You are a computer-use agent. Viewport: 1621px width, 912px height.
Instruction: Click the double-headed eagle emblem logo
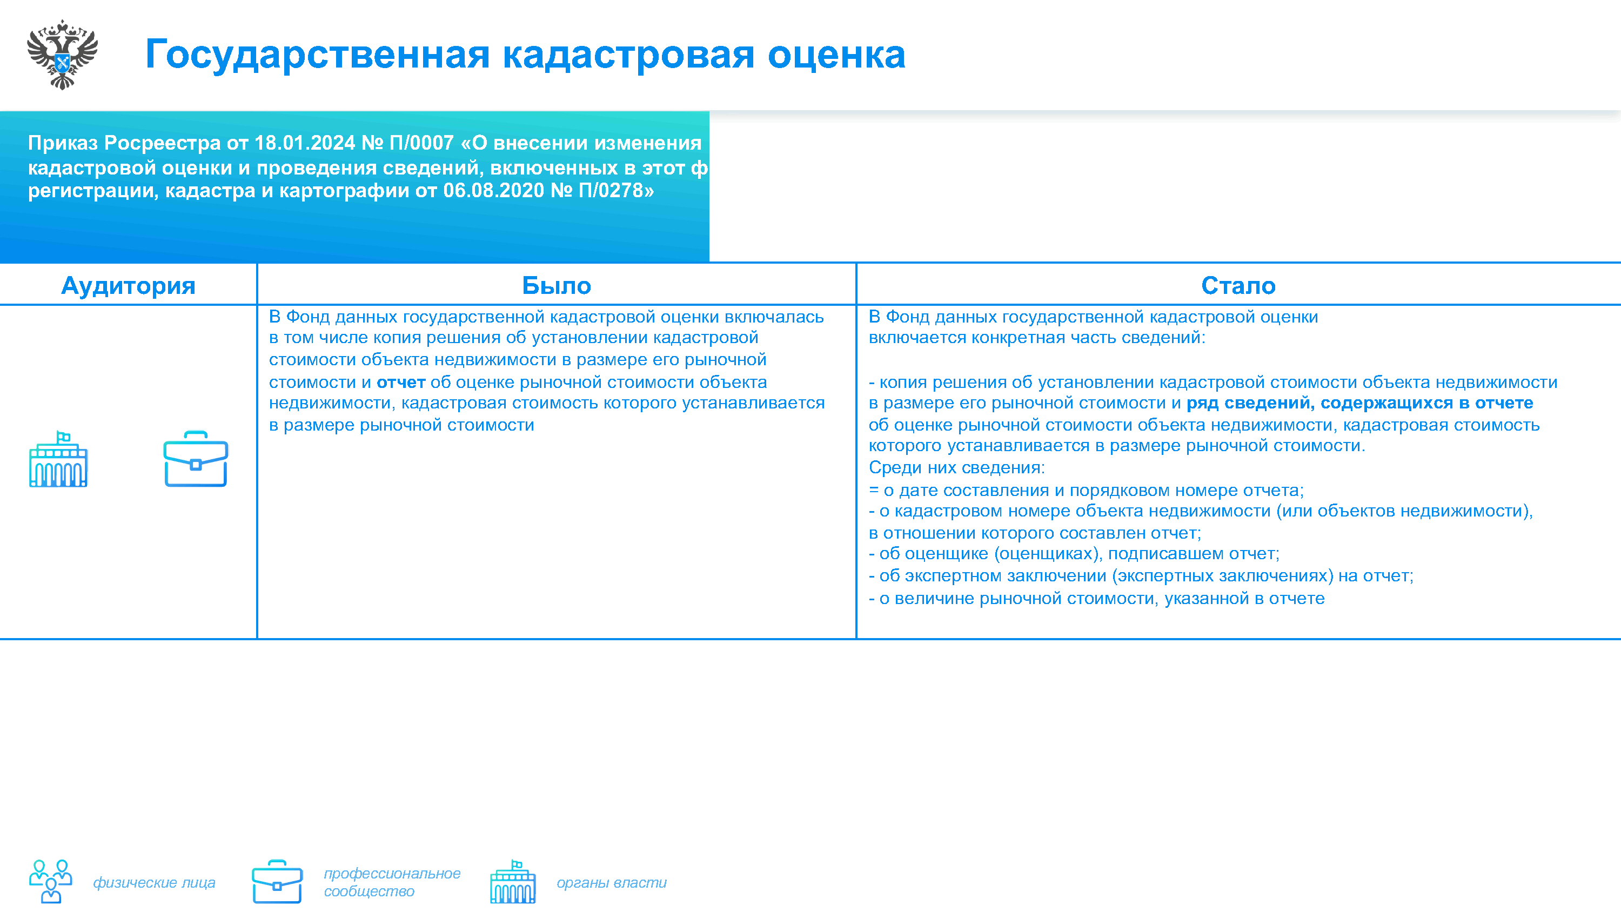coord(62,55)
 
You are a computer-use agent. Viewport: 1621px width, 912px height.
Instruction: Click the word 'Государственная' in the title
coord(318,55)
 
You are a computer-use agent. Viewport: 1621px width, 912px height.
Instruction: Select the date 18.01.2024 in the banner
coord(305,143)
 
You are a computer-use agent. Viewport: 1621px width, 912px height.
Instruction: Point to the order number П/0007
coord(421,143)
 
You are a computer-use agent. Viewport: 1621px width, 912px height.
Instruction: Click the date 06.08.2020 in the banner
coord(493,190)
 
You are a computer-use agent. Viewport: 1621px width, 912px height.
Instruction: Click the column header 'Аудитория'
coord(129,286)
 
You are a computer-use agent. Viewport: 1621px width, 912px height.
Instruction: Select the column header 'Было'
coord(557,286)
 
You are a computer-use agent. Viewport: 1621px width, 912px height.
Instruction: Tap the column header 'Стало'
coord(1238,286)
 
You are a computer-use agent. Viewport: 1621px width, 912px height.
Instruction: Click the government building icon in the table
coord(58,459)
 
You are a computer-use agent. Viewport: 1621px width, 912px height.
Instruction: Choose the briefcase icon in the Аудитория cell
coord(196,459)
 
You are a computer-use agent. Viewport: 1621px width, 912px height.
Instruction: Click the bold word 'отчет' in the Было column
coord(401,382)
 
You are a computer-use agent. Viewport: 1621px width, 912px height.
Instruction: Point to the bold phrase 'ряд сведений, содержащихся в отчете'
coord(1360,403)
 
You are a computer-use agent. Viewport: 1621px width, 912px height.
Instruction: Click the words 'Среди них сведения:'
coord(956,468)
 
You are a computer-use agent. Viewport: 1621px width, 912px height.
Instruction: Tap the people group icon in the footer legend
coord(51,882)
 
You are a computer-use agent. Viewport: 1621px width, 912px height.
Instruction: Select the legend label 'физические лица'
coord(154,882)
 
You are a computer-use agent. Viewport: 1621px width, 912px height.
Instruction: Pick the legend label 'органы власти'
coord(612,882)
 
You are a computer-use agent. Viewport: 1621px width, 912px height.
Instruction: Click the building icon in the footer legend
coord(513,882)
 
